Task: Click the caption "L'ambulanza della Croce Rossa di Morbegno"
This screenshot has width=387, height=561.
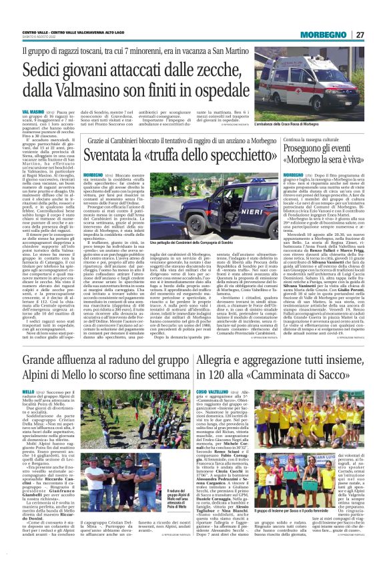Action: [x=313, y=107]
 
